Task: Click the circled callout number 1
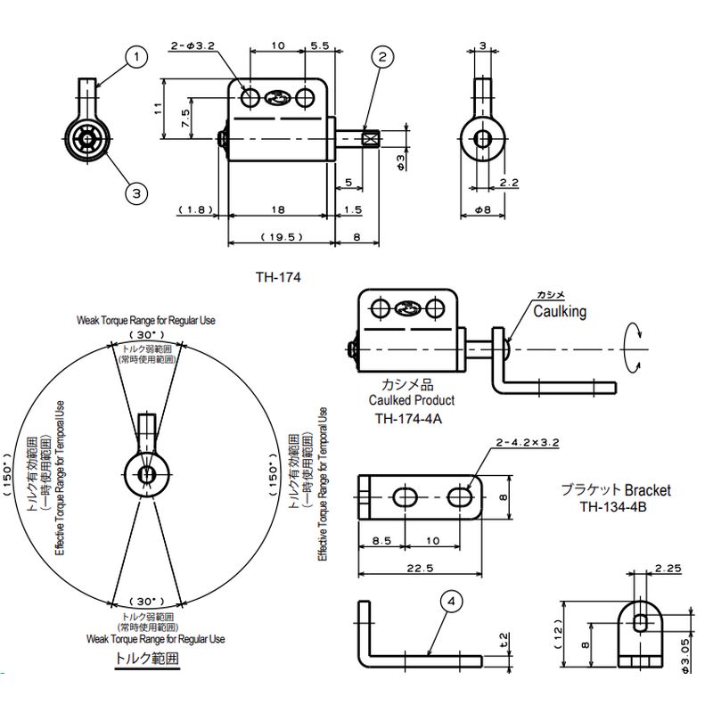coord(136,58)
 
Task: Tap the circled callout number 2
coord(382,57)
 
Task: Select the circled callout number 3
coord(136,193)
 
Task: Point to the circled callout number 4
coord(451,602)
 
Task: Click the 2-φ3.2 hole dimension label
coord(193,46)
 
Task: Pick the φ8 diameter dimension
coord(483,210)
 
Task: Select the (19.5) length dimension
coord(282,237)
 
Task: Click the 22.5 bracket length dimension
coord(421,569)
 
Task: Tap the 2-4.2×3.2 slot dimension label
coord(528,442)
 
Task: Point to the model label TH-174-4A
coord(408,418)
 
